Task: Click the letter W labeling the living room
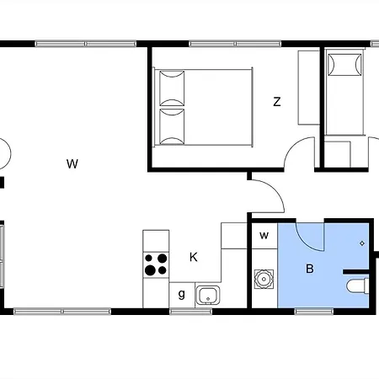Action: [72, 163]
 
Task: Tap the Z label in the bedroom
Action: [277, 102]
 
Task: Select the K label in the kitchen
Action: [194, 257]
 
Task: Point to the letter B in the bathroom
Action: [310, 269]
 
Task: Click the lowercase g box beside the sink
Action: [182, 295]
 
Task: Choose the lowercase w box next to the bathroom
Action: [264, 236]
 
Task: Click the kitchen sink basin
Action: [208, 295]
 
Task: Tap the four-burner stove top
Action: [156, 265]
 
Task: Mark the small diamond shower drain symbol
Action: [362, 243]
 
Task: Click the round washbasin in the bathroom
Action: [264, 279]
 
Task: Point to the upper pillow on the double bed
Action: [172, 88]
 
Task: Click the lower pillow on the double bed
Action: [172, 126]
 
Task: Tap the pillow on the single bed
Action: [344, 65]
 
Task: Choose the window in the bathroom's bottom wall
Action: [314, 312]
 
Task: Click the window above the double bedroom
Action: [235, 44]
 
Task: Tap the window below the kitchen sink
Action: [191, 312]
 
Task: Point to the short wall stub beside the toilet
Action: [356, 272]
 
